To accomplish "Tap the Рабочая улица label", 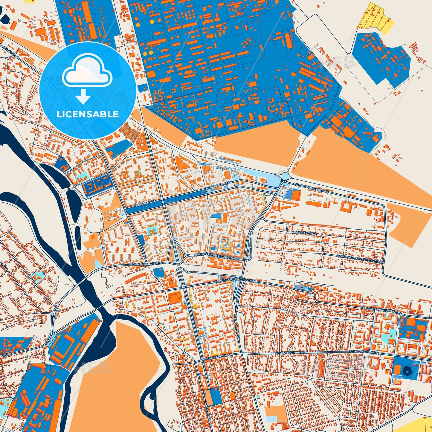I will pos(303,233).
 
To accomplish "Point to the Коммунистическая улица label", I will pos(360,259).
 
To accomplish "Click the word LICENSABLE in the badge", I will pos(88,114).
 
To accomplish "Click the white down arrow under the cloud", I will pos(83,97).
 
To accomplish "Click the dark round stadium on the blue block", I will pos(407,371).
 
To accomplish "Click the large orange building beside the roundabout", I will pos(296,195).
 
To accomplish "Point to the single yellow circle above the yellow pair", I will pos(152,22).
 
